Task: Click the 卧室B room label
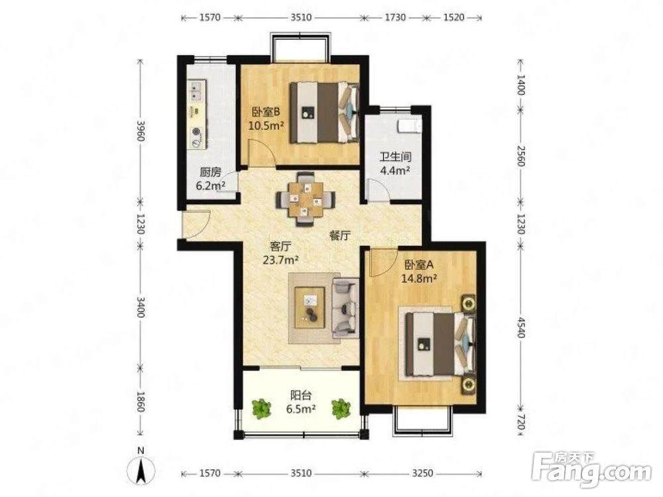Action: click(x=265, y=113)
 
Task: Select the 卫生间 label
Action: click(x=395, y=157)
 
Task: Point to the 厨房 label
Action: click(x=210, y=172)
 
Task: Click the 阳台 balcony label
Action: click(x=300, y=396)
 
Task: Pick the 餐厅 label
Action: click(x=340, y=236)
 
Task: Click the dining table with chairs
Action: click(x=306, y=199)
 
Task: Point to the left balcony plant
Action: click(x=262, y=409)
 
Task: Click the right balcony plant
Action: click(x=341, y=409)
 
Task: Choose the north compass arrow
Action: click(x=142, y=470)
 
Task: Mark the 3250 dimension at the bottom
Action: click(x=422, y=473)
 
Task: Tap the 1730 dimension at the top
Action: click(x=395, y=17)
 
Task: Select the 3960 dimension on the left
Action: click(x=141, y=131)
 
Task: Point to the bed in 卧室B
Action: click(x=324, y=112)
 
